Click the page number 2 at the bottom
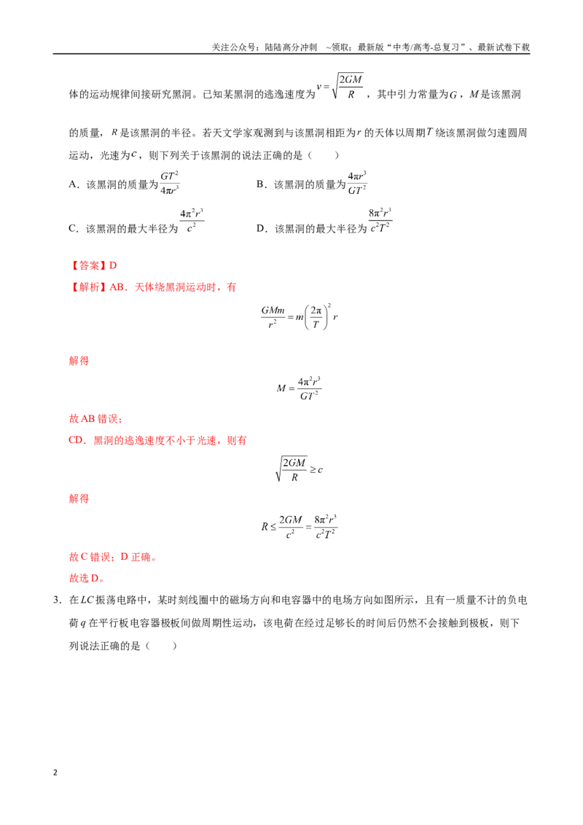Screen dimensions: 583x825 point(55,773)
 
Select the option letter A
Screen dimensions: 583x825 point(73,184)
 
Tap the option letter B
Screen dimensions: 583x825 point(260,184)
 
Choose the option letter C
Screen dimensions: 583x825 point(73,228)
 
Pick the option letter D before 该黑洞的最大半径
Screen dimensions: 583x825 point(260,228)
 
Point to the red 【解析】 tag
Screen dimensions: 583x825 point(88,287)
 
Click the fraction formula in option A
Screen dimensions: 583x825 point(169,183)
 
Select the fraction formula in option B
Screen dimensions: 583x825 point(357,183)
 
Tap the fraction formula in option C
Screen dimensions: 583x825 point(192,221)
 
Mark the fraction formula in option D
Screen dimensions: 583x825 point(380,221)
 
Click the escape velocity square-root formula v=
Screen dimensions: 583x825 point(340,87)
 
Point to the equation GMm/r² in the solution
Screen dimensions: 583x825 point(299,317)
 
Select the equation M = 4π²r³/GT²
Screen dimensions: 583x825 point(299,388)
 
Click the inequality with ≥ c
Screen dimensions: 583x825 point(299,469)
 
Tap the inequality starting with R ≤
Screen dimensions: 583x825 point(299,527)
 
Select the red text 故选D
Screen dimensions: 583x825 point(86,578)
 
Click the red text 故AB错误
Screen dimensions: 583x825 point(95,419)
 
